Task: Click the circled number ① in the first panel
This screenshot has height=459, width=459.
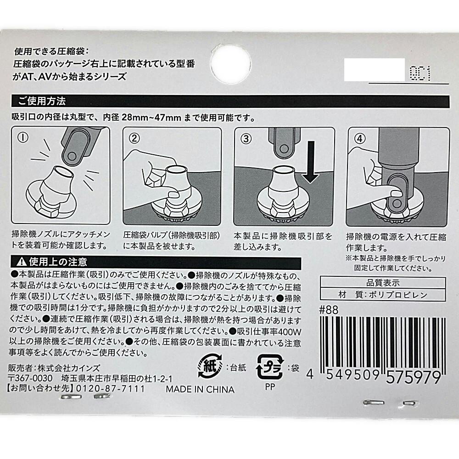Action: [x=23, y=137]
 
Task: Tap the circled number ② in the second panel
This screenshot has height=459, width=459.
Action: [x=134, y=138]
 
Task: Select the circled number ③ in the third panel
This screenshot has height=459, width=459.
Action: [x=246, y=139]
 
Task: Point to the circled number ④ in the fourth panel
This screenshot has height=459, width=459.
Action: [x=360, y=139]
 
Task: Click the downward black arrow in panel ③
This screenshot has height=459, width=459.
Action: [x=311, y=162]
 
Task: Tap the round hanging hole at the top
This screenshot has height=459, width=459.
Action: [x=231, y=64]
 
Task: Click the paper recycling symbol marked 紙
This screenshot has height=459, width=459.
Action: [x=210, y=366]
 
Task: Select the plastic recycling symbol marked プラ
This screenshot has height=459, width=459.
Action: [x=270, y=367]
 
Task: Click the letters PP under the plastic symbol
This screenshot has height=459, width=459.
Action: [x=270, y=387]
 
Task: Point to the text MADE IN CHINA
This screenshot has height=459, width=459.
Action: [x=200, y=389]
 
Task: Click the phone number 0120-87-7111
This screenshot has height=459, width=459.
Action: [x=110, y=389]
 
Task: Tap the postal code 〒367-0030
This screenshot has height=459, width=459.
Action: [x=30, y=378]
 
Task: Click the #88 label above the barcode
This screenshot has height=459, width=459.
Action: [x=329, y=310]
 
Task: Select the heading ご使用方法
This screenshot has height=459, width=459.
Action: [x=42, y=101]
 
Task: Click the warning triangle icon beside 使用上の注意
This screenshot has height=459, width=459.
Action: [x=22, y=262]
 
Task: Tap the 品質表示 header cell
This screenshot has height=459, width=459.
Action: [x=383, y=283]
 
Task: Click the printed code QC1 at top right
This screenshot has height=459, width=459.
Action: [x=420, y=73]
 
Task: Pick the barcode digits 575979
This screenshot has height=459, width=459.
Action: [x=414, y=377]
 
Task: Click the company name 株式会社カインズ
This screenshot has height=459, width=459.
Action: [x=69, y=368]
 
